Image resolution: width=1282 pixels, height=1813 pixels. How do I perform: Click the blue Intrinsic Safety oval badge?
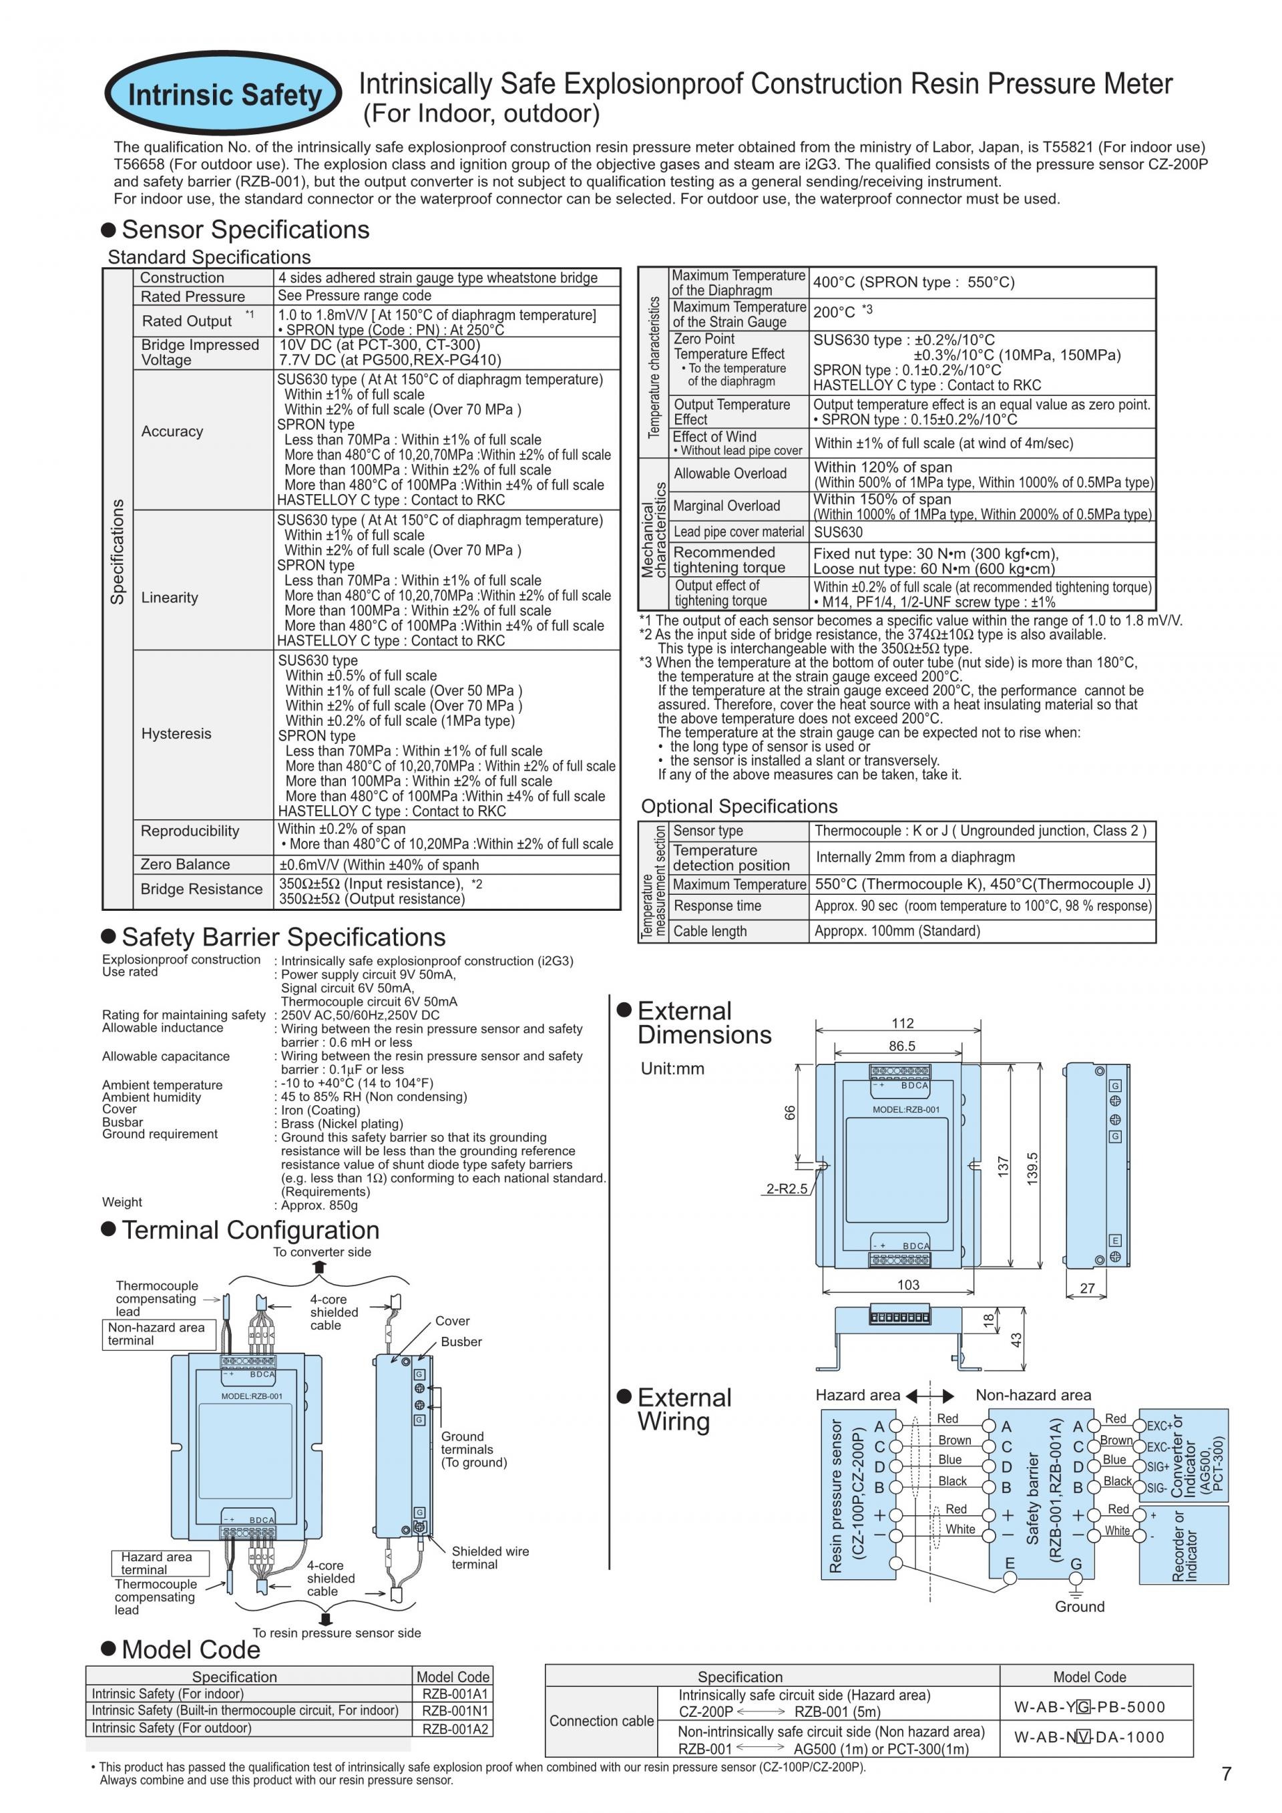[x=224, y=95]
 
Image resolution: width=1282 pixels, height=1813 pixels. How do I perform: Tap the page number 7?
[x=1226, y=1774]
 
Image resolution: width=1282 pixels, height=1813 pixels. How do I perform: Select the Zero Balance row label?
[x=185, y=864]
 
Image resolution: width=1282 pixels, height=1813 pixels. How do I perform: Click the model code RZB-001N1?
[x=455, y=1710]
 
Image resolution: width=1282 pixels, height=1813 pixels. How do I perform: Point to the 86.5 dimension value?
[x=901, y=1046]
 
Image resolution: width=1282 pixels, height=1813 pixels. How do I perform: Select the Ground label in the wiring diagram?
[x=1079, y=1606]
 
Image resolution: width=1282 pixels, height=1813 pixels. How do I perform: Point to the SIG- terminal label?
[x=1156, y=1488]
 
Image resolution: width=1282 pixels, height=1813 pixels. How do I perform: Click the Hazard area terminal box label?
[x=156, y=1563]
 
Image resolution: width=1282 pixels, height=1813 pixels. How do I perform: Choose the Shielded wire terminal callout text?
[x=489, y=1557]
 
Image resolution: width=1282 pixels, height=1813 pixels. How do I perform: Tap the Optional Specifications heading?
[x=739, y=806]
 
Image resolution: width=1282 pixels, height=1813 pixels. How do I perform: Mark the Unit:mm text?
[x=672, y=1068]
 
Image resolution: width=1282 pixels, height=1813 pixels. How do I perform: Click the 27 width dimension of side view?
[x=1087, y=1288]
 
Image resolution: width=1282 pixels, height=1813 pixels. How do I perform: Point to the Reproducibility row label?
[x=190, y=831]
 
